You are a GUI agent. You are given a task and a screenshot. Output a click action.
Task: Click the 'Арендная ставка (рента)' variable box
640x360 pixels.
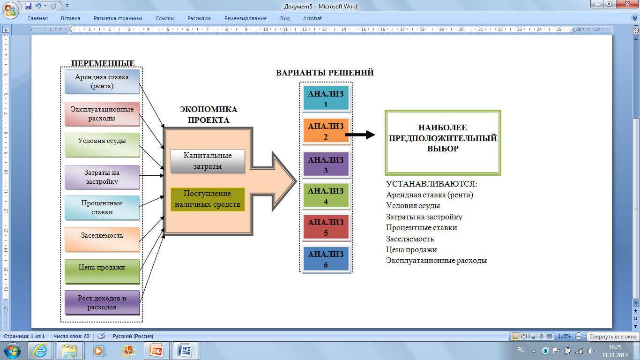pos(102,82)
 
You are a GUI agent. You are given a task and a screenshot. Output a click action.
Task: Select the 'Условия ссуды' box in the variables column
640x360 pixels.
pos(102,145)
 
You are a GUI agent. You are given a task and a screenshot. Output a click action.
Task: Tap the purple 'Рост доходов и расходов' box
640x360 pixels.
pos(102,302)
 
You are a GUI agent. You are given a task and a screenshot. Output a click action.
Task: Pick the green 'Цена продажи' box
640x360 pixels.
pos(102,271)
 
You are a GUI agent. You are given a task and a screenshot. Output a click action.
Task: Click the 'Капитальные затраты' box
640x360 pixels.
pos(208,161)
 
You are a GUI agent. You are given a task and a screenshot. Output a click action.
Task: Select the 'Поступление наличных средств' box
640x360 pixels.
pos(208,199)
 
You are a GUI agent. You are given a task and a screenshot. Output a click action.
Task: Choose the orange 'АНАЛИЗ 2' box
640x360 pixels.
pos(326,131)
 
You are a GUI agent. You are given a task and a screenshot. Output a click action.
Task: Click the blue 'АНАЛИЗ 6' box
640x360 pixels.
pos(326,259)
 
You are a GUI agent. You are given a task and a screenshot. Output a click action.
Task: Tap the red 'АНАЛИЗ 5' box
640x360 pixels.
pos(326,227)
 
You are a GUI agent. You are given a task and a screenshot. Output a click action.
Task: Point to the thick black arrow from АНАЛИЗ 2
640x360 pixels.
pos(360,135)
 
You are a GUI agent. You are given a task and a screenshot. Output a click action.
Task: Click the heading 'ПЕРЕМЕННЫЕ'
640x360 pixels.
pos(103,63)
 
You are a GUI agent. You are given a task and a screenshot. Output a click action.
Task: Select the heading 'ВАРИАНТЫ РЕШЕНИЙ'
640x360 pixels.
pos(325,73)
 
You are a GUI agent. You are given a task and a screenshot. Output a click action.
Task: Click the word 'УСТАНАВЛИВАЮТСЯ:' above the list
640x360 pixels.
pos(432,184)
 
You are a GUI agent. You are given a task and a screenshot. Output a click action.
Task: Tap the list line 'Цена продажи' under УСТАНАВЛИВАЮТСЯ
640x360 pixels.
pos(411,250)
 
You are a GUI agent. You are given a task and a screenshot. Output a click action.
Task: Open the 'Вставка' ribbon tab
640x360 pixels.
pos(70,18)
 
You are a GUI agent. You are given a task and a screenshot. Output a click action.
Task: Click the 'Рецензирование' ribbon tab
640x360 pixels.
pos(246,18)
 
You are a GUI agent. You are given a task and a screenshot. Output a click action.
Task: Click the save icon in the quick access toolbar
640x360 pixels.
pos(28,6)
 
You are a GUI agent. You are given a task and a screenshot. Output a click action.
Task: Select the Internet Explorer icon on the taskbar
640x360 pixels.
pos(40,350)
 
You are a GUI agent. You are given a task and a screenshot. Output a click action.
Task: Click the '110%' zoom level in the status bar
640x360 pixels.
pos(564,336)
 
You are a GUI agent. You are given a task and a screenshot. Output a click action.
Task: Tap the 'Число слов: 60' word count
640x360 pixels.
pos(71,336)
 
